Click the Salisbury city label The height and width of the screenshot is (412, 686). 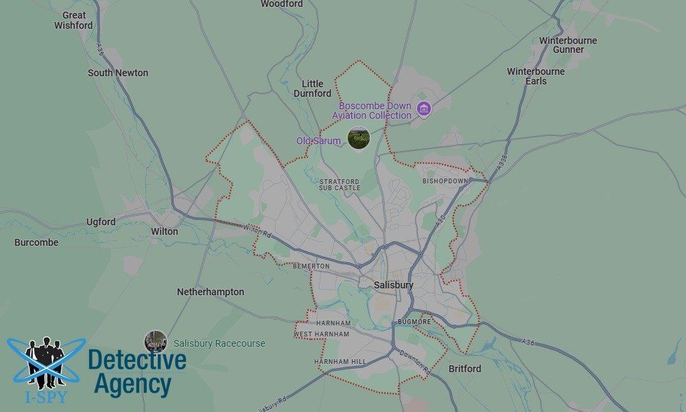(x=394, y=285)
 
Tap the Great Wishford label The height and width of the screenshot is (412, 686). (x=73, y=20)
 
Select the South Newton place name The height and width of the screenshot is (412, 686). (x=118, y=73)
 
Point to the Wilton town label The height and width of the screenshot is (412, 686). (x=164, y=231)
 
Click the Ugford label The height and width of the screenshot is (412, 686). (x=101, y=222)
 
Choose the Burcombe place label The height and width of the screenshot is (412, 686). (x=36, y=242)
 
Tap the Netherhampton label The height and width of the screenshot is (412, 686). (x=211, y=292)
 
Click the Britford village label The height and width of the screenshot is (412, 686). (x=464, y=369)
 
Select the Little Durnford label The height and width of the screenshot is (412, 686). (x=312, y=89)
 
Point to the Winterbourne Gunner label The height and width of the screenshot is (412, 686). (x=568, y=45)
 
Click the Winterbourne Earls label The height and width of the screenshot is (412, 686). (x=536, y=76)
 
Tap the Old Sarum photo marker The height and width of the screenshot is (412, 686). (x=359, y=138)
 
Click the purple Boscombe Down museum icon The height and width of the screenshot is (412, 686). (x=424, y=108)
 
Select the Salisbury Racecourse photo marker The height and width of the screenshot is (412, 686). (x=156, y=341)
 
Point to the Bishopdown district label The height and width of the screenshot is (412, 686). (x=445, y=181)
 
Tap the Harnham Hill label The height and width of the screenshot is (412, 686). (x=340, y=361)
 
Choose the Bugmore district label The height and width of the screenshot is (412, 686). (x=414, y=321)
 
